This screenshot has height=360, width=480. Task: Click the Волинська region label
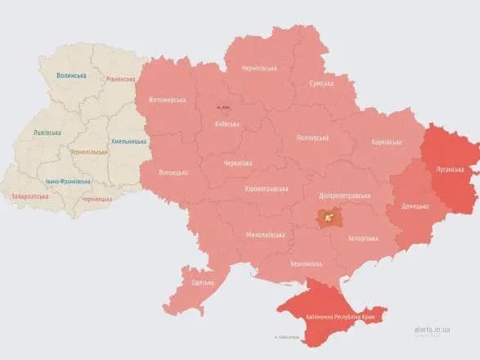coord(71,75)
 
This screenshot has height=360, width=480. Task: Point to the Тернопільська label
coord(89,152)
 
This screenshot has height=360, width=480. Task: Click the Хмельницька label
coord(128,141)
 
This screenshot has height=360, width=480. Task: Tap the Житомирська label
coord(167,100)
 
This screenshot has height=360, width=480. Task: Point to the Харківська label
coord(387,142)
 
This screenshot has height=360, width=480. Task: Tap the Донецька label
coord(415,205)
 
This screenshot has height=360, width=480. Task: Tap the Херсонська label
coord(306,263)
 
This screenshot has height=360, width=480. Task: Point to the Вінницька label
coord(173,173)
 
